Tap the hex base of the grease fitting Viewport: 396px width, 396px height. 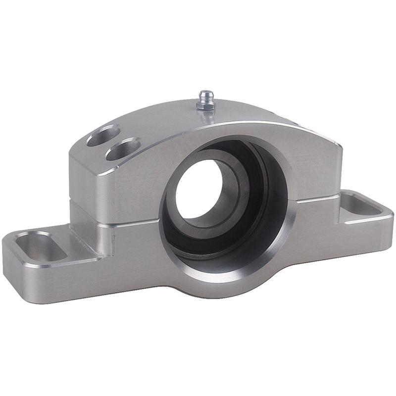coord(204,105)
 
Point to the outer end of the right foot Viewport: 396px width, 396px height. coord(389,218)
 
